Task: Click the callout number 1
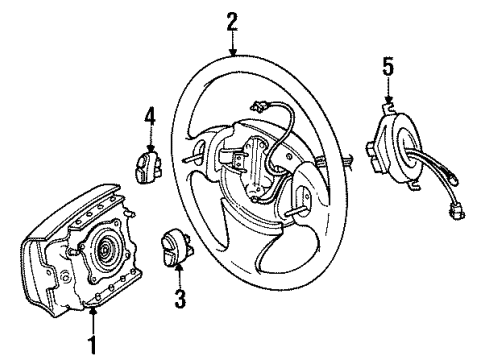(93, 347)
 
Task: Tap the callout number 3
(180, 297)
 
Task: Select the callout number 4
(149, 118)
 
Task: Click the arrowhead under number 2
(233, 50)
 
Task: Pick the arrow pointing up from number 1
(93, 318)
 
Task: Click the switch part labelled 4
(149, 163)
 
